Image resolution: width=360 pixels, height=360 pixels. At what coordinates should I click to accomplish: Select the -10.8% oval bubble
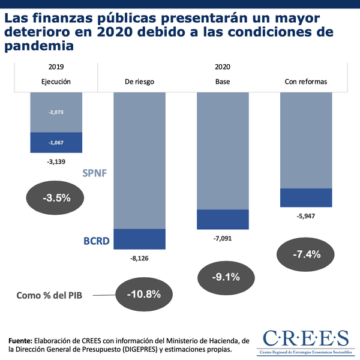point(143,294)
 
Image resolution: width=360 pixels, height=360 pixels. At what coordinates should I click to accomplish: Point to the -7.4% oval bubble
point(307,254)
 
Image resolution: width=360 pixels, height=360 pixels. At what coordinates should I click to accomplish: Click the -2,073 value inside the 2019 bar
point(56,112)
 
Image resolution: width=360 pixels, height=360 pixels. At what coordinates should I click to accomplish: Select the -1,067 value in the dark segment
point(56,142)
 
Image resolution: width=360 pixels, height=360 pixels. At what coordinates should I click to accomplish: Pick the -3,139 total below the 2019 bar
point(56,161)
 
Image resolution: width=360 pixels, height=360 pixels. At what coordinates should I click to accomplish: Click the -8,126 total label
point(139,259)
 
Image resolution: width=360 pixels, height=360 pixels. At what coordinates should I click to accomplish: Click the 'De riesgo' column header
point(139,82)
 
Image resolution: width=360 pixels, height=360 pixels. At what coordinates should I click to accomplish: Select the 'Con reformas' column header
point(306,82)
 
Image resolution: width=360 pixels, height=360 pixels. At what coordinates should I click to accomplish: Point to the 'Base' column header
point(223,82)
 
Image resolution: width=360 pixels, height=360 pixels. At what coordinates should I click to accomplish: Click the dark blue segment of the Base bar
point(223,220)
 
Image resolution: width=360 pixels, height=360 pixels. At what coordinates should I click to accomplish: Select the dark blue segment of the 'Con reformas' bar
point(306,197)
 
